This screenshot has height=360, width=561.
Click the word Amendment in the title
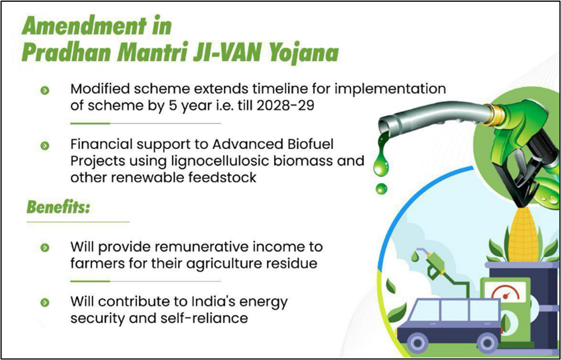pyautogui.click(x=85, y=26)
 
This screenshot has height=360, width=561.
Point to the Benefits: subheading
pyautogui.click(x=58, y=207)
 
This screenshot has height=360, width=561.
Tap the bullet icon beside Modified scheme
pyautogui.click(x=45, y=90)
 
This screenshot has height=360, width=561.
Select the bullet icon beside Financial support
pyautogui.click(x=45, y=146)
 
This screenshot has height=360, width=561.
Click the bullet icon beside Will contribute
pyautogui.click(x=45, y=303)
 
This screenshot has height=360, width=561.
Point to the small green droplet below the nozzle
pyautogui.click(x=381, y=188)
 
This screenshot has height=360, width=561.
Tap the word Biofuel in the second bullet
pyautogui.click(x=310, y=144)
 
